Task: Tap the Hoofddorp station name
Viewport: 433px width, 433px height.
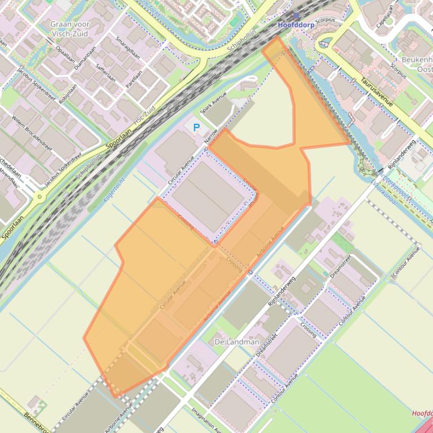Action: click(x=296, y=25)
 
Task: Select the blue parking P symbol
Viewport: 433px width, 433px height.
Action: click(x=197, y=128)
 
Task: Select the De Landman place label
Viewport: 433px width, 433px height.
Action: click(x=237, y=341)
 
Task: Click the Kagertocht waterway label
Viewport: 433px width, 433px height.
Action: click(x=114, y=189)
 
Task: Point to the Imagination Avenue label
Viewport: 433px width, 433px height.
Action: click(x=206, y=420)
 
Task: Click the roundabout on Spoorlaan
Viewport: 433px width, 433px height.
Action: click(x=39, y=197)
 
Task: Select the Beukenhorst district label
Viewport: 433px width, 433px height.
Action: click(x=417, y=60)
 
